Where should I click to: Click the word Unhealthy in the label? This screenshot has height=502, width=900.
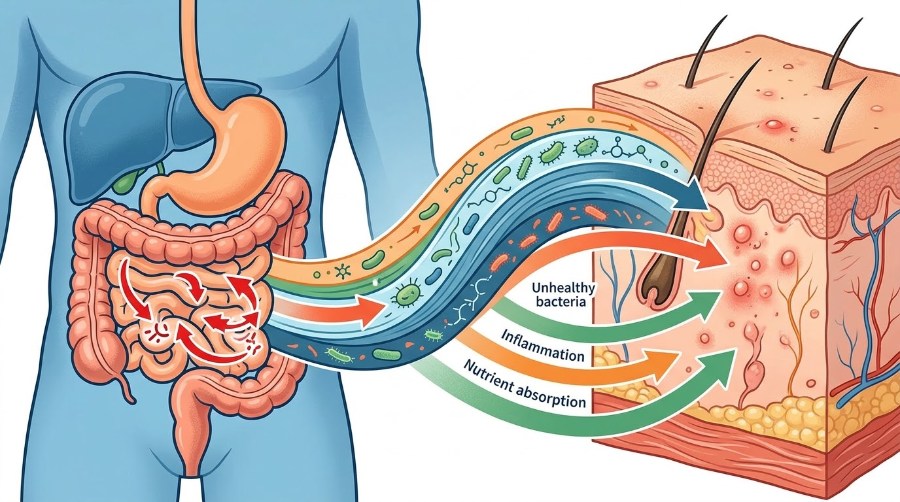563,288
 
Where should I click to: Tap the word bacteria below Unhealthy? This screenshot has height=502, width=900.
561,301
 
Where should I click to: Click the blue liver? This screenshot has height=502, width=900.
133,133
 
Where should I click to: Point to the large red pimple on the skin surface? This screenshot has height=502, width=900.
773,124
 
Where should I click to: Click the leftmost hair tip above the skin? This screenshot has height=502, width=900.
725,17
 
